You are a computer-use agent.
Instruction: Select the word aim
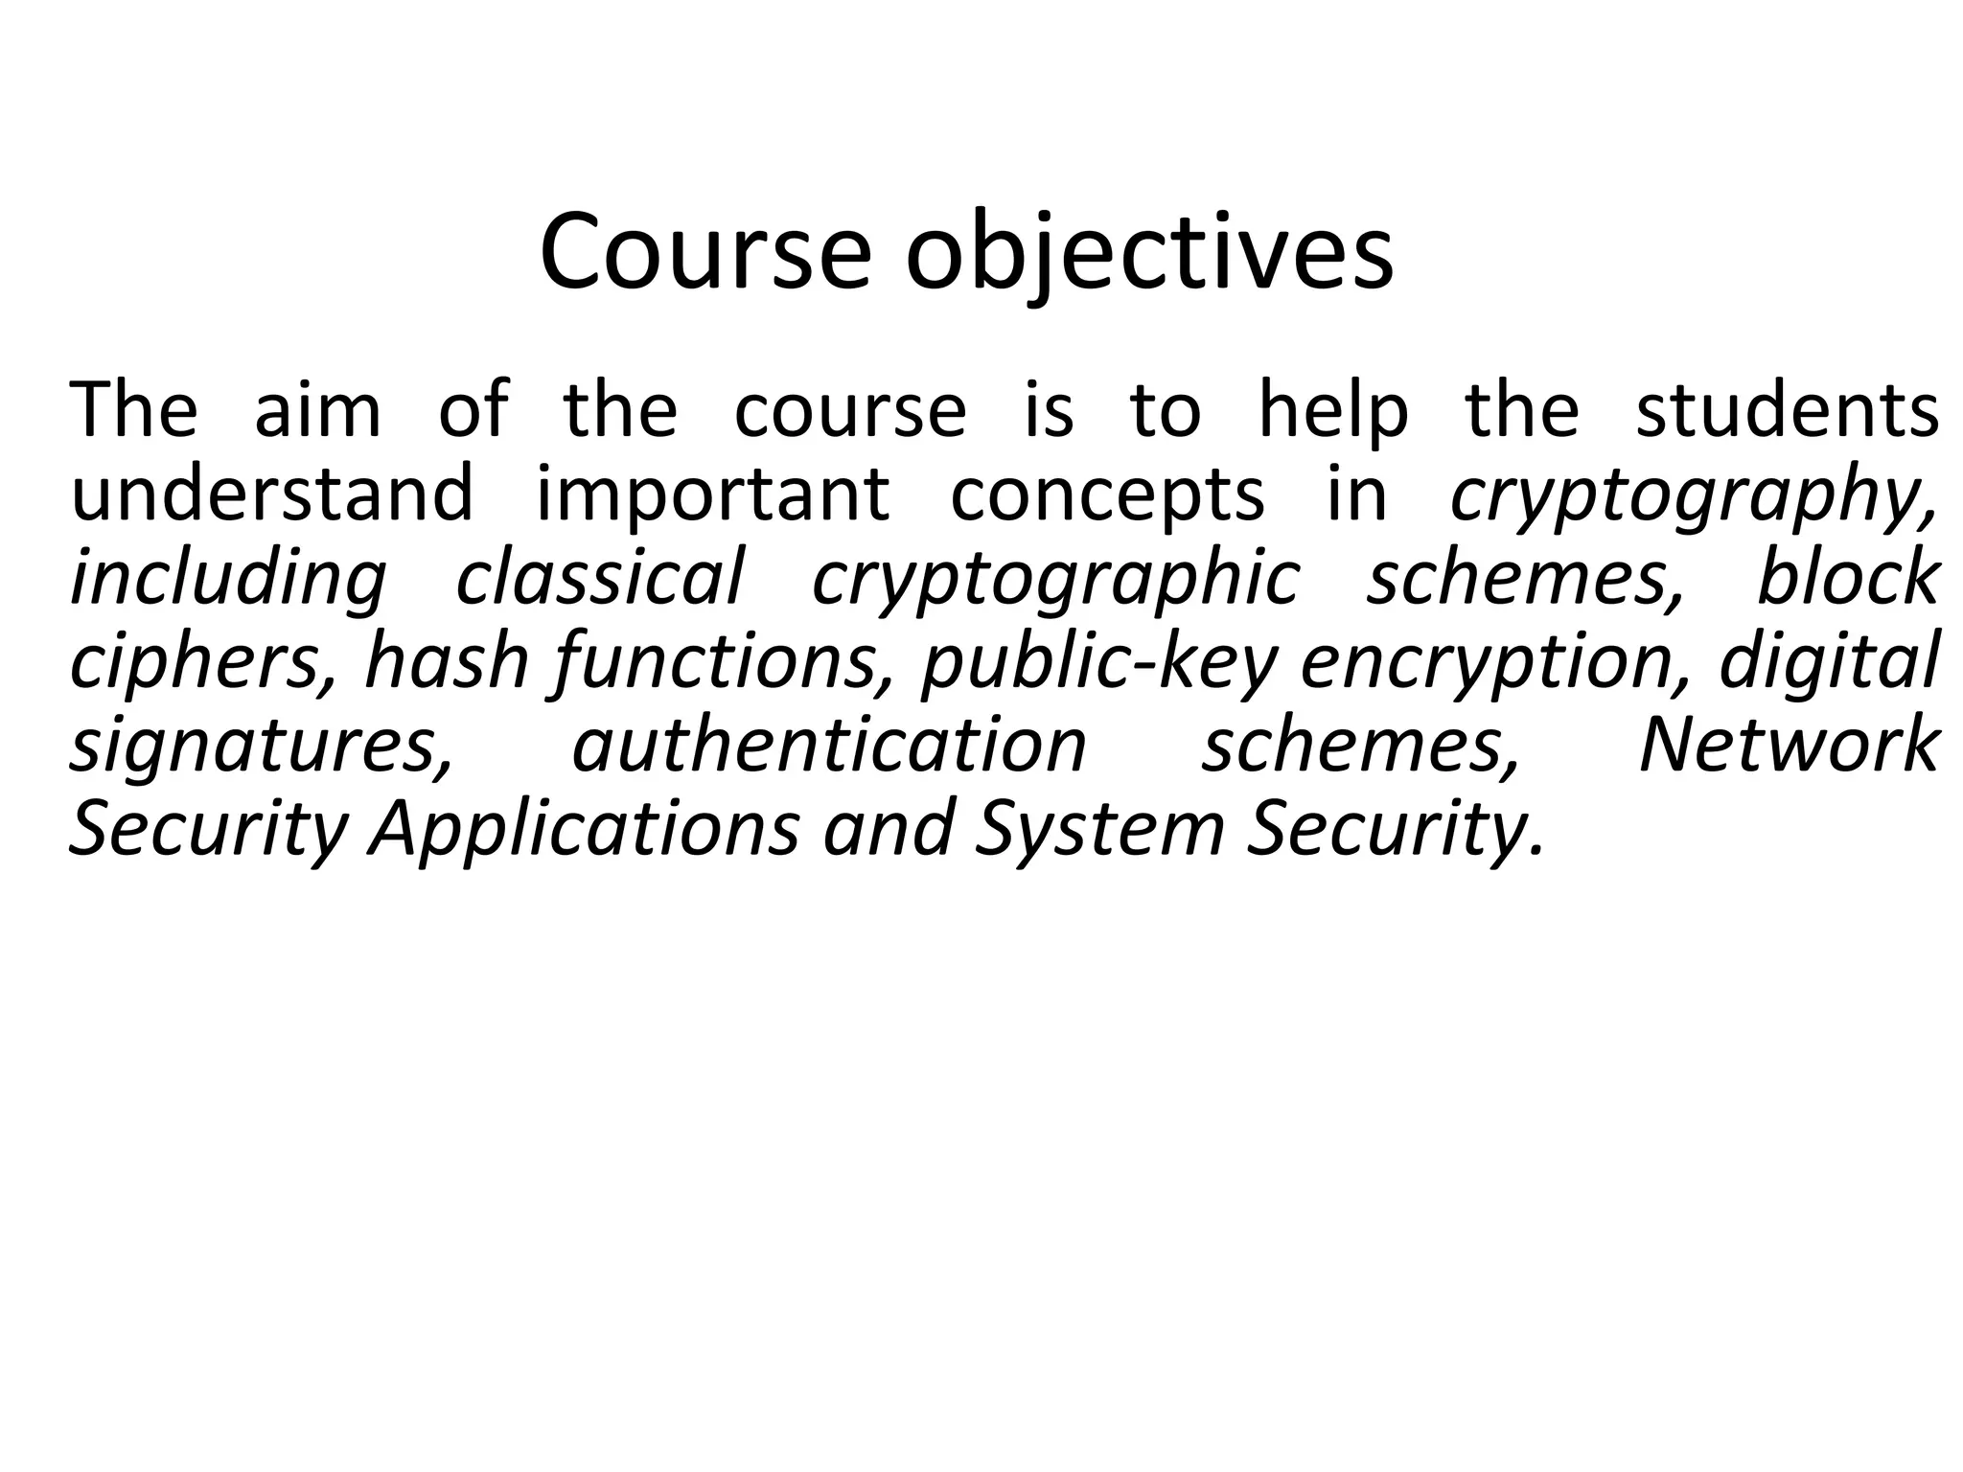point(317,411)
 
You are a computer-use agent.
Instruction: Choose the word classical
point(600,579)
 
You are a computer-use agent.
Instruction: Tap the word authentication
point(829,746)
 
